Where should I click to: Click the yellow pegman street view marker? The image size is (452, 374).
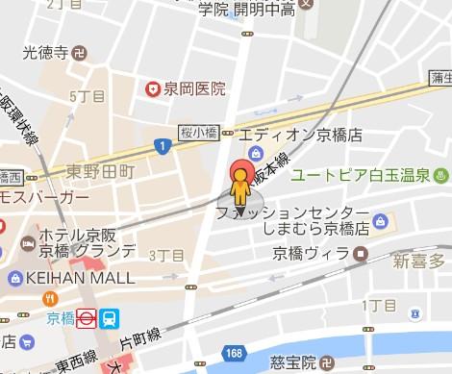240,192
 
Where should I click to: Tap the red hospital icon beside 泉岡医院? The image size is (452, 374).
151,89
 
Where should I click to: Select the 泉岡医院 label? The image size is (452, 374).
192,89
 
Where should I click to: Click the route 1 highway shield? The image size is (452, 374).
163,145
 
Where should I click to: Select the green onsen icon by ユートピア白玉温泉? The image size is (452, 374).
440,176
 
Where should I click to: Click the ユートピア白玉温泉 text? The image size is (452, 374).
361,176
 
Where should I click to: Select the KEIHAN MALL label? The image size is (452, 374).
68,278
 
